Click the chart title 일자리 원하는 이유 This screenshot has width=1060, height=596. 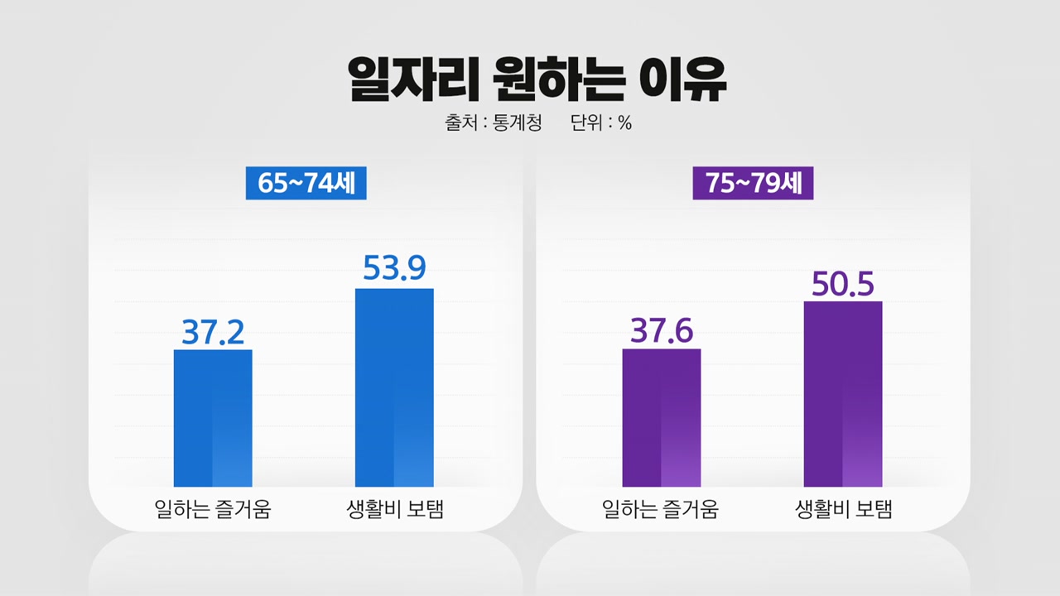click(x=537, y=79)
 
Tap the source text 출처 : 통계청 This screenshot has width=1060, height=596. click(x=493, y=123)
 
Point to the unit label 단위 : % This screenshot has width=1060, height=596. click(x=600, y=123)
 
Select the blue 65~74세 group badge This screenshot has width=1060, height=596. click(x=306, y=183)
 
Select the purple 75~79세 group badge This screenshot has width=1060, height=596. click(x=753, y=183)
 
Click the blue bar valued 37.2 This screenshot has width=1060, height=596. click(x=213, y=418)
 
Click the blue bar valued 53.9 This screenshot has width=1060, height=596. click(x=394, y=387)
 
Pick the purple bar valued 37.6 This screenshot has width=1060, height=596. click(x=661, y=418)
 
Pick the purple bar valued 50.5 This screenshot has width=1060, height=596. click(x=842, y=394)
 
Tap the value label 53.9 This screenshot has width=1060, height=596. click(x=394, y=268)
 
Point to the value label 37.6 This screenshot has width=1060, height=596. click(x=661, y=330)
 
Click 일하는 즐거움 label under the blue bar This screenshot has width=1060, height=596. click(x=213, y=509)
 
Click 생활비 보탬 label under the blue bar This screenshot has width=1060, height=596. click(x=394, y=509)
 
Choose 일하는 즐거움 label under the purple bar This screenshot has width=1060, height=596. click(x=661, y=509)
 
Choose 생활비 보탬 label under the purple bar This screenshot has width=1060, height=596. click(x=842, y=509)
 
